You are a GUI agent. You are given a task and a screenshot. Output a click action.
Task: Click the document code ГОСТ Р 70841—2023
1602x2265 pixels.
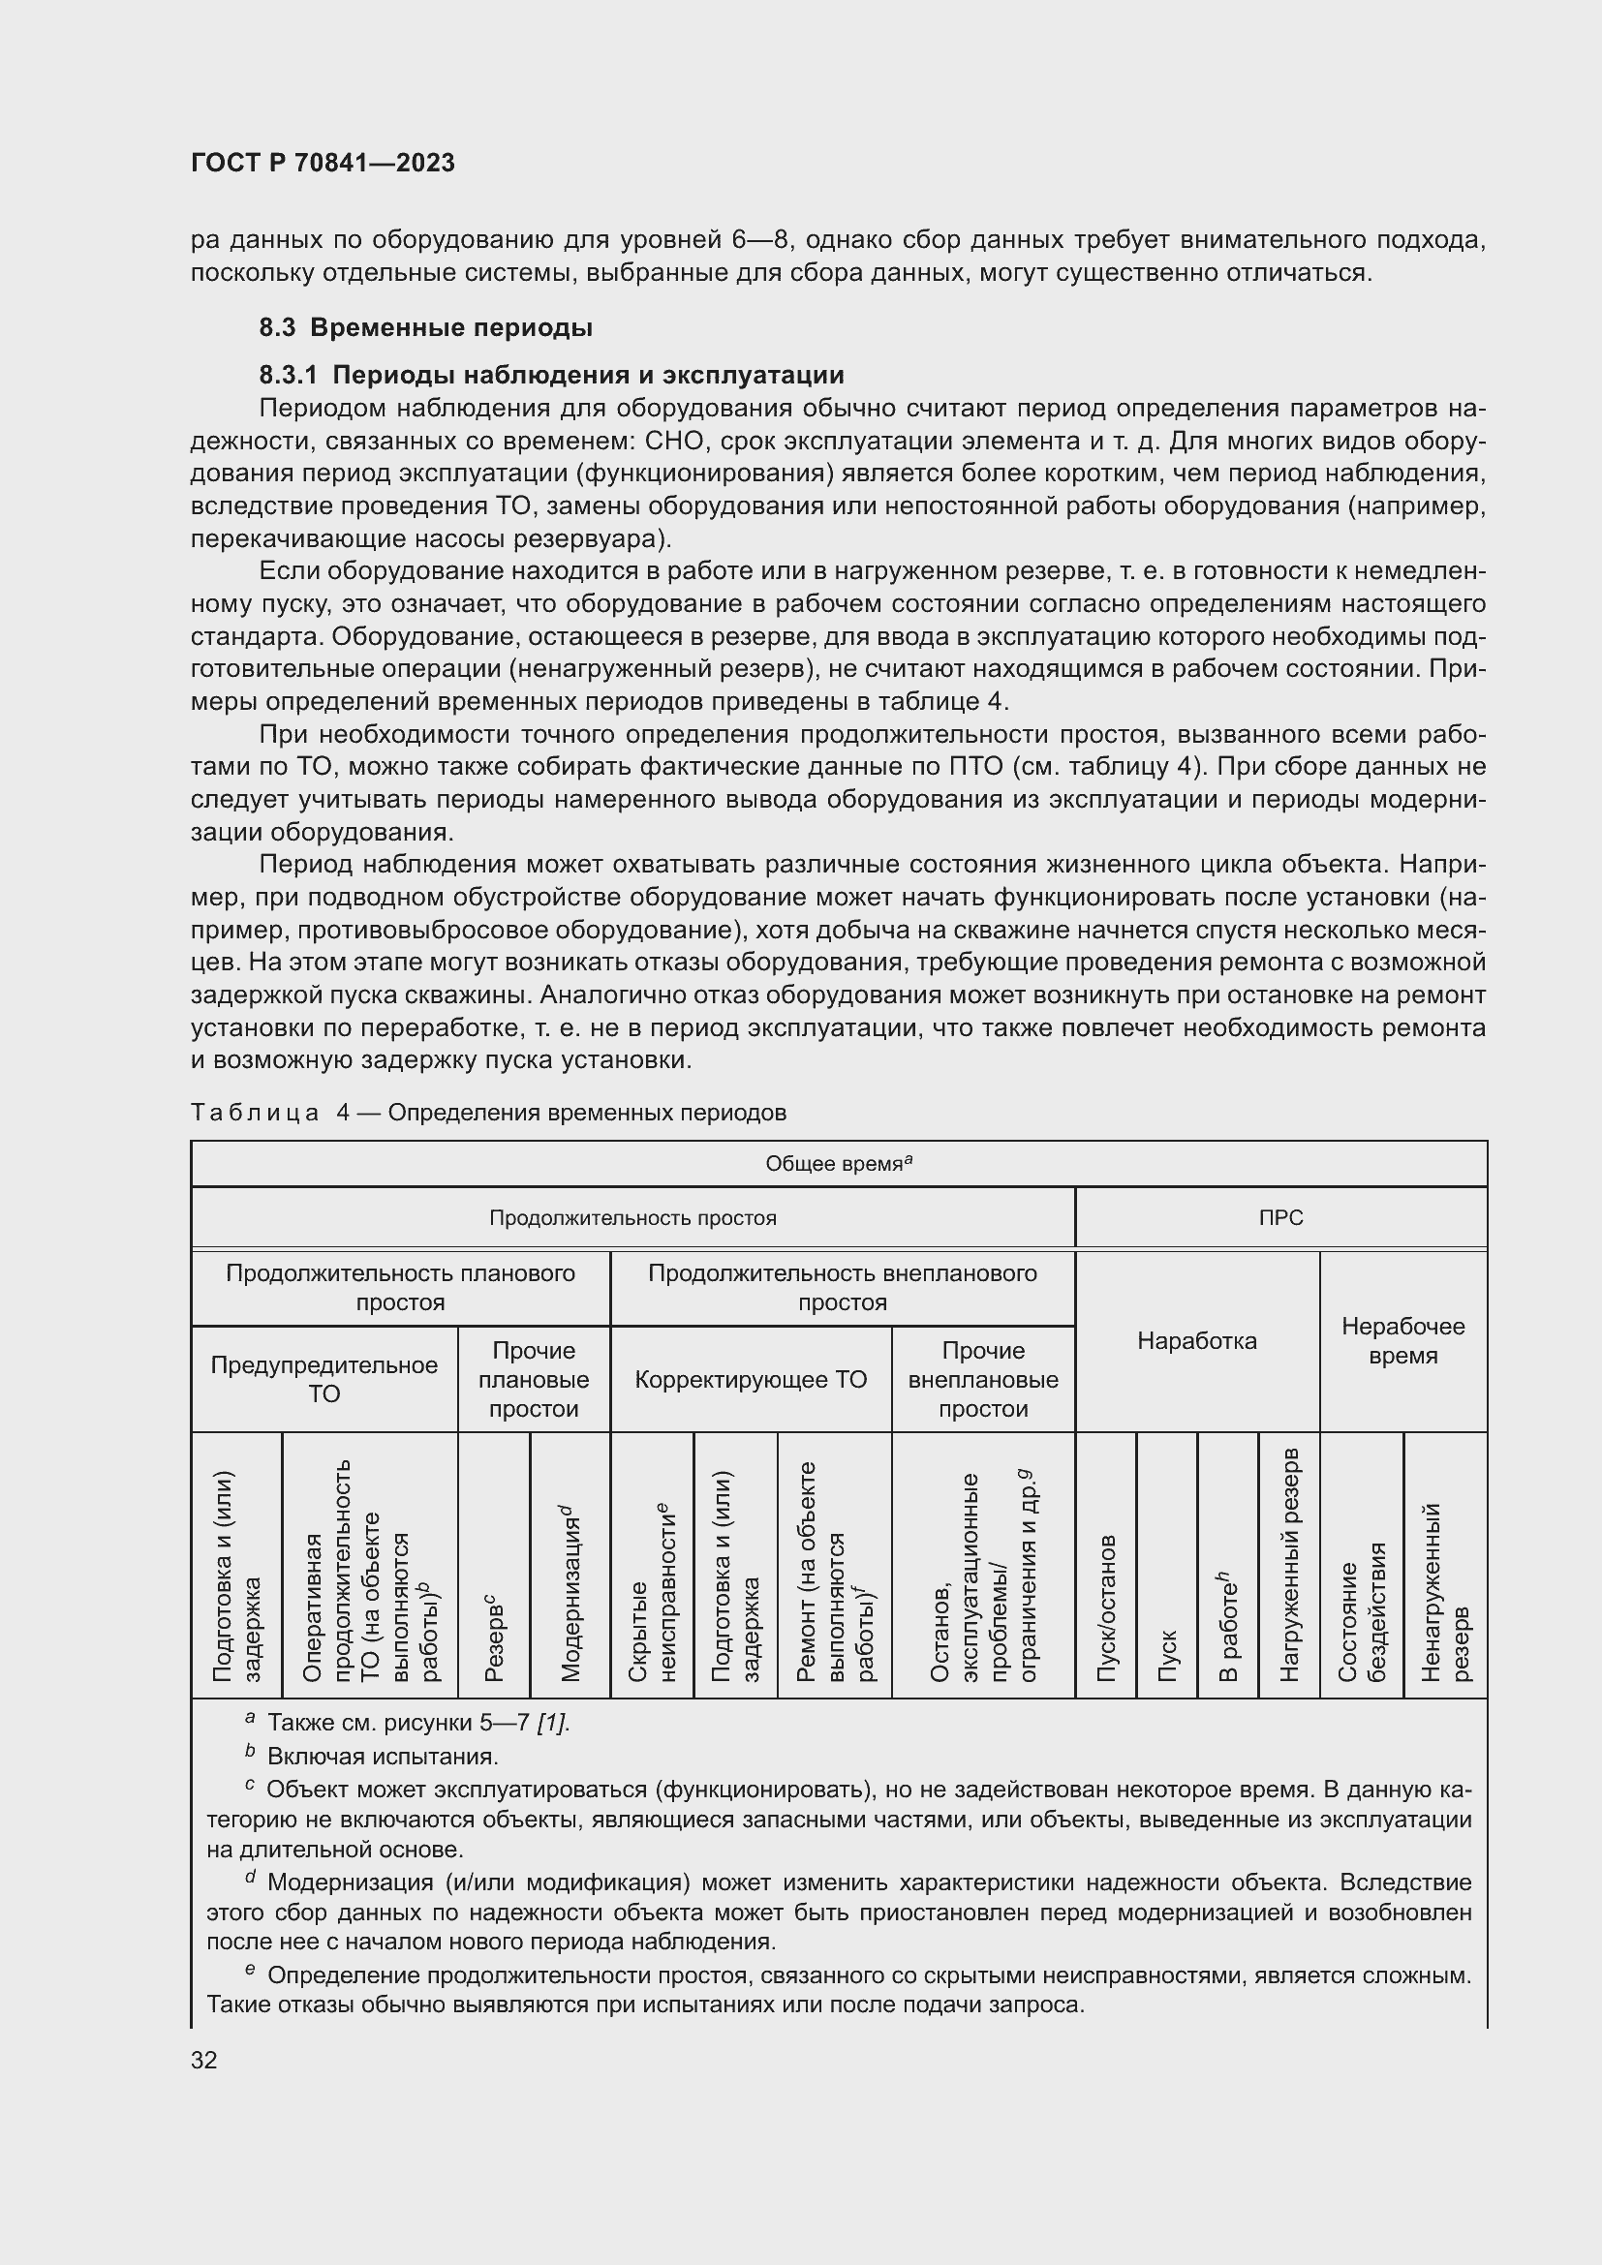323,163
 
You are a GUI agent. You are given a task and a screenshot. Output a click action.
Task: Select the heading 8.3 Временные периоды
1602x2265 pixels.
425,327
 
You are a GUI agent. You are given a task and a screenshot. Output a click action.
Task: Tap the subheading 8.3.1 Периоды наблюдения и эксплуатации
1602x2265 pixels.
551,375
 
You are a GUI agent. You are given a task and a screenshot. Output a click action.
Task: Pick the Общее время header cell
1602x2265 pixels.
838,1164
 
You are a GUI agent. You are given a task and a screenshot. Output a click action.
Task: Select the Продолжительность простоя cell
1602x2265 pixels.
632,1218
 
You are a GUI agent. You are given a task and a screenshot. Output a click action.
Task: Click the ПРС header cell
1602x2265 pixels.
1280,1218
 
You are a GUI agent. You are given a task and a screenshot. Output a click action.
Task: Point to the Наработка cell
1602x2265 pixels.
1196,1340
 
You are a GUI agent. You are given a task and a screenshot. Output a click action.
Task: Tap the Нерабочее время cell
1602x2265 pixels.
1402,1340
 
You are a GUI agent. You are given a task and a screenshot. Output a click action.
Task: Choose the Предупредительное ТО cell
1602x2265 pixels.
323,1379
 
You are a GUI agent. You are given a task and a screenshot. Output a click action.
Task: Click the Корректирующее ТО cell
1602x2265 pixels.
751,1379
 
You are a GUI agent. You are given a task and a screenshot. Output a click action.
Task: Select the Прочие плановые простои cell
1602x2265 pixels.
534,1379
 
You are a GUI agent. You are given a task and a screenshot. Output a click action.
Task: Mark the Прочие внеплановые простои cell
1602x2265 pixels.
982,1379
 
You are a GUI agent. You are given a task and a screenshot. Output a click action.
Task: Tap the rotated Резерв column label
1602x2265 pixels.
494,1638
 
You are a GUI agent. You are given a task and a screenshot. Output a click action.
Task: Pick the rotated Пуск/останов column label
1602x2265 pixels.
1106,1608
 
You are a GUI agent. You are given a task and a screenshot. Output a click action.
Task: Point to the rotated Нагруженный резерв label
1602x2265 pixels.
1288,1565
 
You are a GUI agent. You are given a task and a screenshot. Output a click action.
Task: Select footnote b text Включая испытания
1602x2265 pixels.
383,1757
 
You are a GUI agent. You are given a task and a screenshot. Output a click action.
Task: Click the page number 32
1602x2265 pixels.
204,2060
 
